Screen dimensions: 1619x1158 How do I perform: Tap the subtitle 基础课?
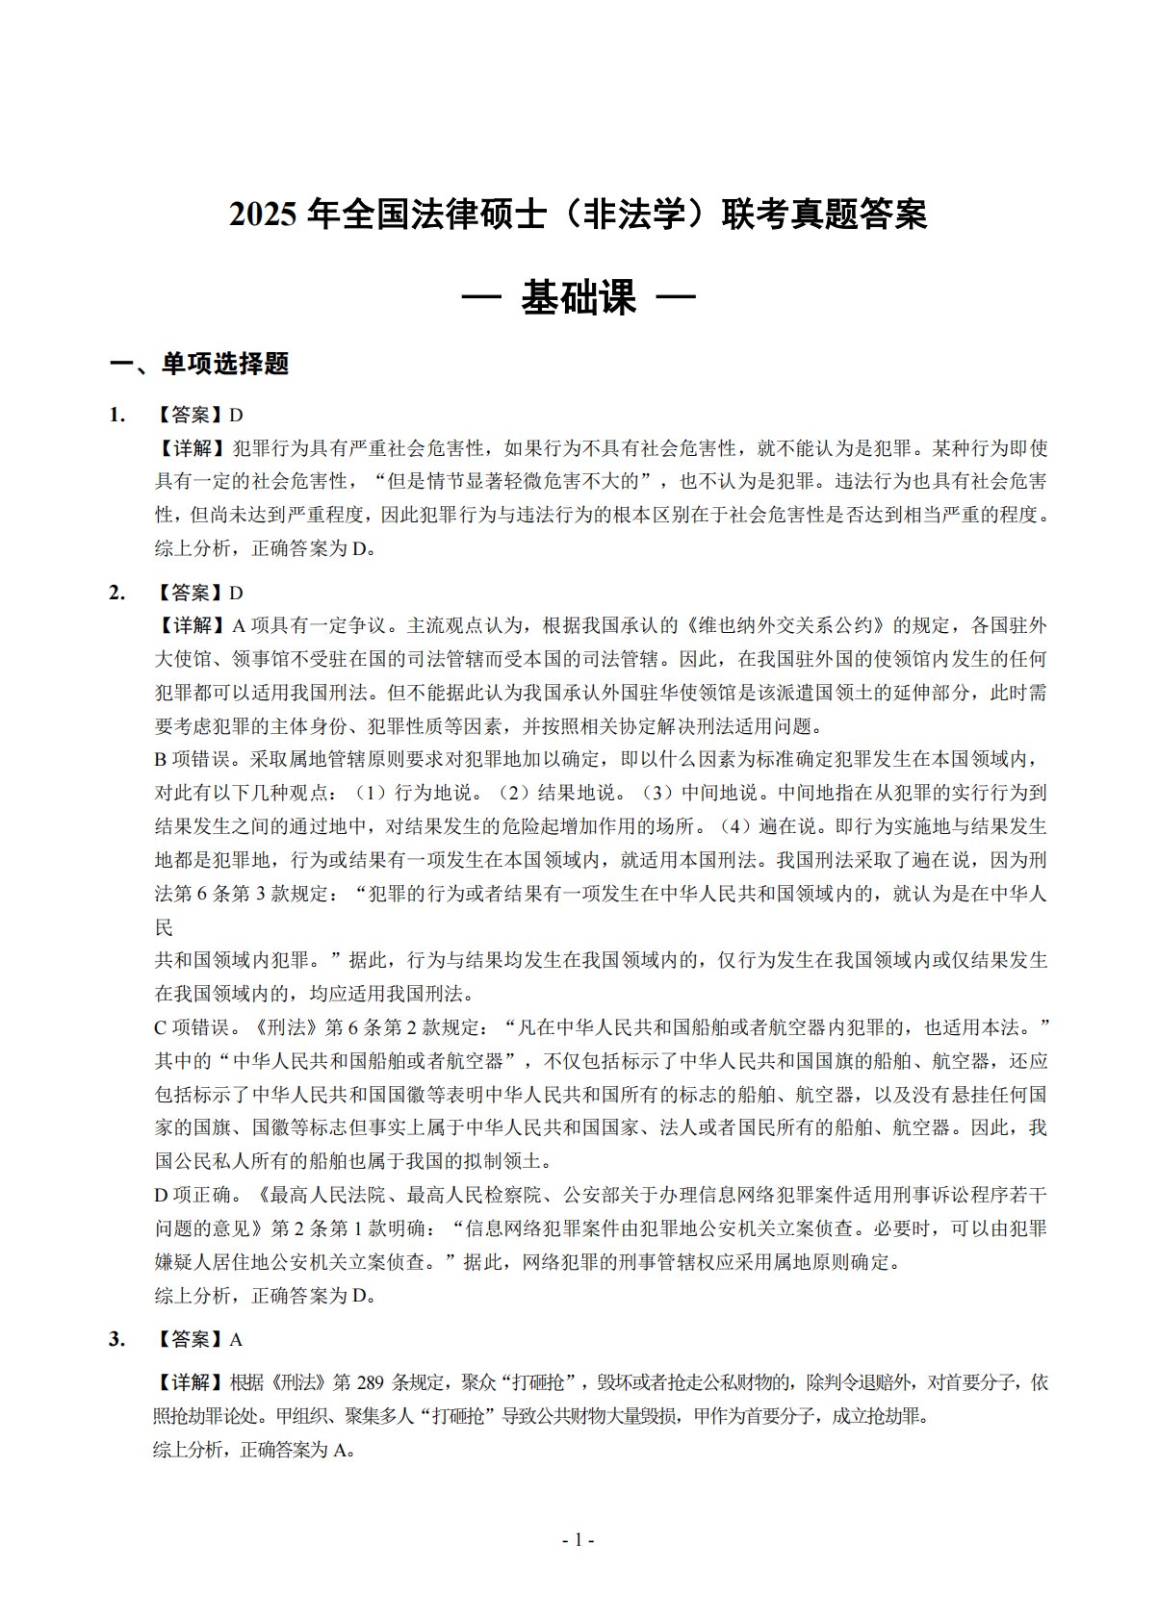579,298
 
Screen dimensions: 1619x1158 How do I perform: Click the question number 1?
117,415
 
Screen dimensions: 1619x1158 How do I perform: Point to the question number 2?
117,593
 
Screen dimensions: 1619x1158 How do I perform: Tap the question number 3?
117,1339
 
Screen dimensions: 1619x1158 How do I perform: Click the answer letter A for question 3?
237,1339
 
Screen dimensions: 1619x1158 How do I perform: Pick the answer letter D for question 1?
237,415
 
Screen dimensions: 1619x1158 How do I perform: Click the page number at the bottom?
579,1540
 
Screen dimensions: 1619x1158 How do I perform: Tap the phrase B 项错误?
193,760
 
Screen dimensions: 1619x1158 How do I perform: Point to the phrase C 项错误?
193,1027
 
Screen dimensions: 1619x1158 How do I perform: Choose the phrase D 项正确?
193,1195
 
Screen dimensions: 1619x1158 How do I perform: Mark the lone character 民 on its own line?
164,927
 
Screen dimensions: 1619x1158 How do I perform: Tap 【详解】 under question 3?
189,1383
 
